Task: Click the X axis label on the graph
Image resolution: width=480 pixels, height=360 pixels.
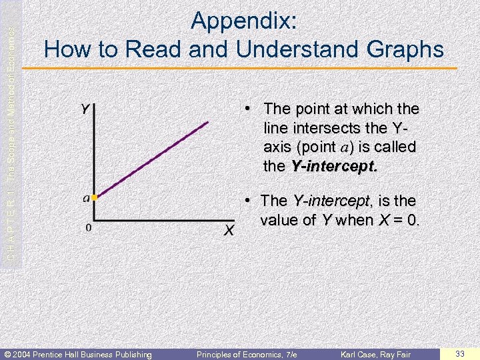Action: (229, 231)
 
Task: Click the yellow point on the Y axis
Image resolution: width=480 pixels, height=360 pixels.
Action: (95, 198)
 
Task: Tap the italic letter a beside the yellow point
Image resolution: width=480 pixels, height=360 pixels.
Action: (86, 197)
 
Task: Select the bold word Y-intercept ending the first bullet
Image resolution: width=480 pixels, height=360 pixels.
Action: (333, 166)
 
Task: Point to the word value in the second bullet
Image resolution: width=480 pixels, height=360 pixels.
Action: (280, 220)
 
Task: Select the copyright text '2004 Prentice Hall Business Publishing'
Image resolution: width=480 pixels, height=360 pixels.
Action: (81, 354)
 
